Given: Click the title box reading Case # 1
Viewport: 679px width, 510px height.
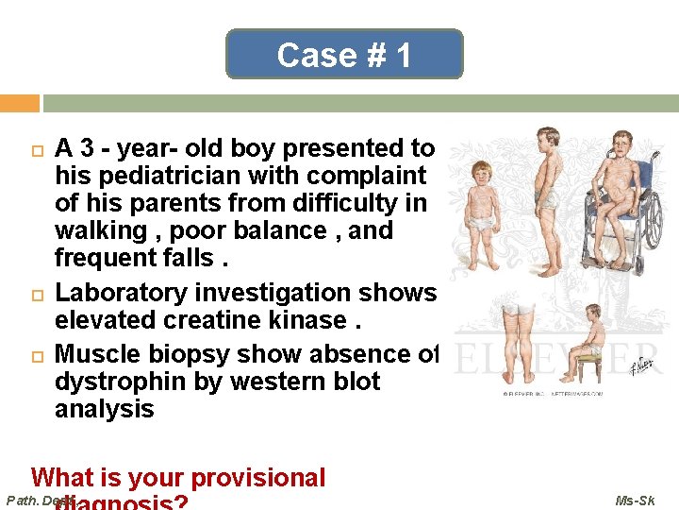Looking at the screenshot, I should coord(344,55).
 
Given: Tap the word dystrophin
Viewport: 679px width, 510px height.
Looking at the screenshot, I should coord(118,382).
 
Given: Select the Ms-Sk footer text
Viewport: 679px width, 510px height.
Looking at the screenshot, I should coord(635,500).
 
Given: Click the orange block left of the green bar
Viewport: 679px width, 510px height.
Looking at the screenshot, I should coord(19,103).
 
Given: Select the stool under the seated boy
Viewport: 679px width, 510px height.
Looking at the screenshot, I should coord(588,368).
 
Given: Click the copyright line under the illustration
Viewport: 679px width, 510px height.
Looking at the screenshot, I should coord(552,393).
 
